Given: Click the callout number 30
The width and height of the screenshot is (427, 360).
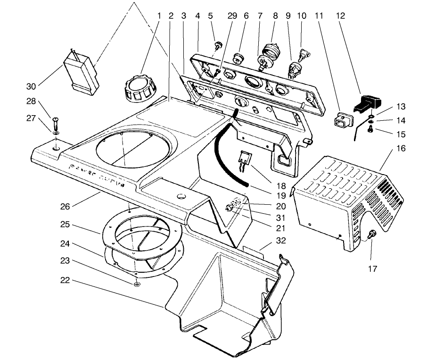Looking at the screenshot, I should point(31,86).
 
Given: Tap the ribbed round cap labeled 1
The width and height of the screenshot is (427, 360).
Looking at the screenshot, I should point(137,87).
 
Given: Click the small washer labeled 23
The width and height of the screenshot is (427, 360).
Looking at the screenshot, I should point(136,284).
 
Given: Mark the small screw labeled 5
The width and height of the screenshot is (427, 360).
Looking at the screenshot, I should point(218,46).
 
